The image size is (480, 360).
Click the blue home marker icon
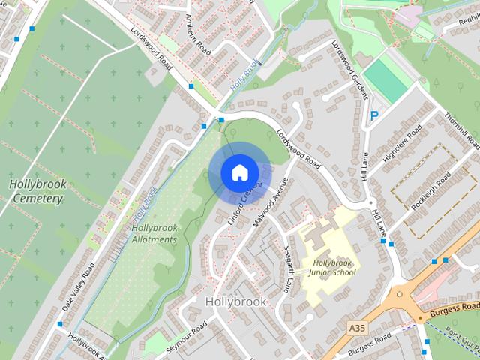(238, 172)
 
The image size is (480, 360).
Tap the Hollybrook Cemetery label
(37, 191)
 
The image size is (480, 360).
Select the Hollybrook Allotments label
(154, 233)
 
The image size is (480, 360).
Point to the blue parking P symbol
(373, 116)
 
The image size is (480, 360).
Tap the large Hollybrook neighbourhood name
(235, 301)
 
